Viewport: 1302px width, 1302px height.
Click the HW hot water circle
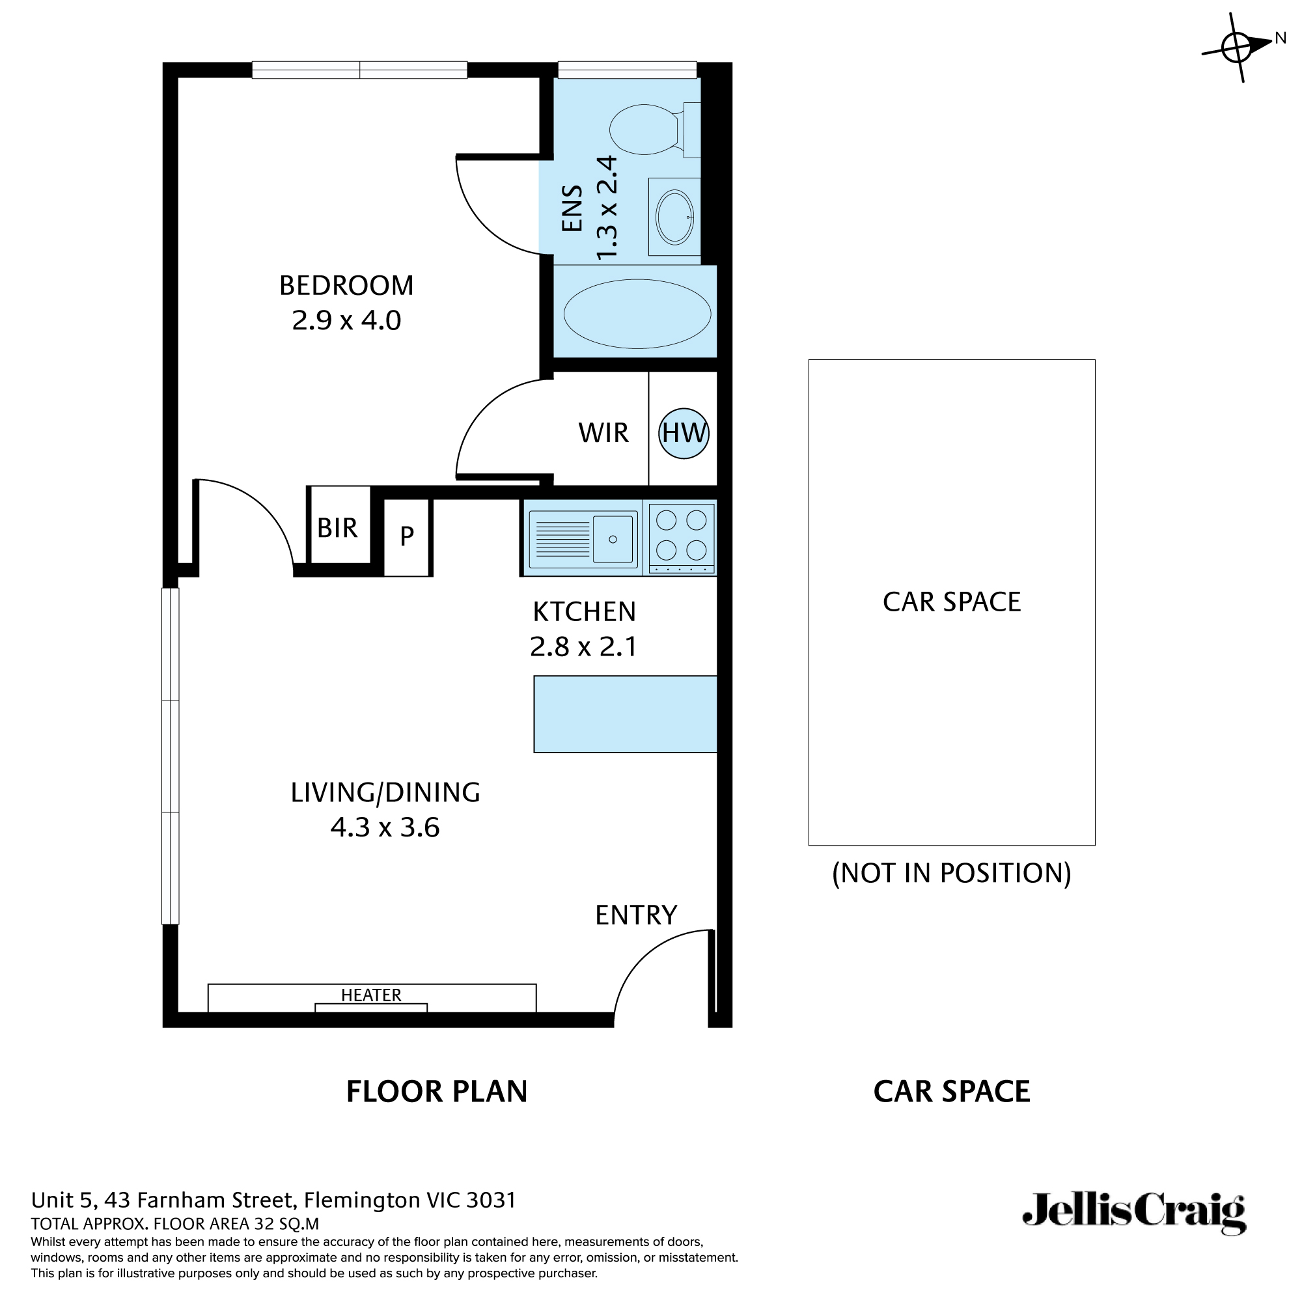pyautogui.click(x=684, y=434)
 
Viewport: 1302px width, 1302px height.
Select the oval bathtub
pyautogui.click(x=637, y=314)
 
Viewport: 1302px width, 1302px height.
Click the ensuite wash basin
pyautogui.click(x=674, y=217)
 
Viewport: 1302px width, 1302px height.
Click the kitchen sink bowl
pyautogui.click(x=613, y=539)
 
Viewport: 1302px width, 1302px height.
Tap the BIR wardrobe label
pyautogui.click(x=337, y=529)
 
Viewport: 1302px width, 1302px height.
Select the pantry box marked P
pyautogui.click(x=406, y=537)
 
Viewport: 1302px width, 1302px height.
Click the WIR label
pyautogui.click(x=603, y=433)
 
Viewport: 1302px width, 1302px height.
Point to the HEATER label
pyautogui.click(x=371, y=995)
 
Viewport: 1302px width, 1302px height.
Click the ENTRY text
pyautogui.click(x=635, y=915)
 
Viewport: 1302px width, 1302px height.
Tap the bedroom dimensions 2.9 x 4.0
pyautogui.click(x=346, y=320)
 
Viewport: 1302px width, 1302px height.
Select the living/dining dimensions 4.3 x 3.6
pyautogui.click(x=385, y=827)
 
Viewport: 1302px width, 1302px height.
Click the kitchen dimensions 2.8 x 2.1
pyautogui.click(x=583, y=647)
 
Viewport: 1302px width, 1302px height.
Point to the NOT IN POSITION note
pyautogui.click(x=951, y=874)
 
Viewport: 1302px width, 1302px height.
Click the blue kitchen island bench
pyautogui.click(x=625, y=714)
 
